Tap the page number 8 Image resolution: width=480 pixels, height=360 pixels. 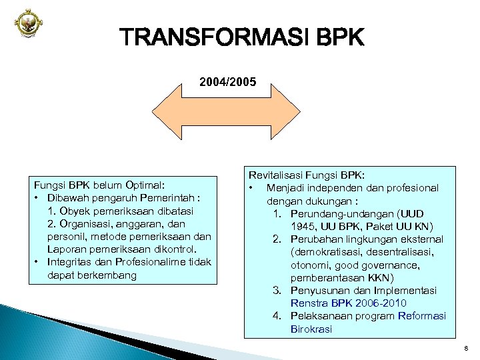click(x=464, y=348)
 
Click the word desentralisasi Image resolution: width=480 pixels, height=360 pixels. click(x=396, y=251)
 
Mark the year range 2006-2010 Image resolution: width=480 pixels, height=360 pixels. click(x=381, y=303)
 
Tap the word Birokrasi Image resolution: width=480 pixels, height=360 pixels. click(x=311, y=329)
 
